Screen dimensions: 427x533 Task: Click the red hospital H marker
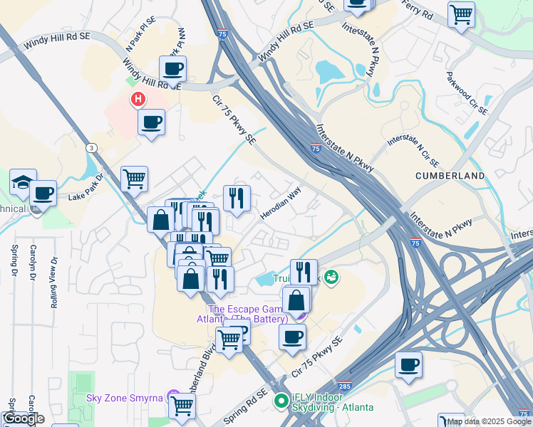pos(138,100)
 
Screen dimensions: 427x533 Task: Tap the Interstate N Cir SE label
pos(412,141)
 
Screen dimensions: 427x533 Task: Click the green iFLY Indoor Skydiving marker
pos(281,401)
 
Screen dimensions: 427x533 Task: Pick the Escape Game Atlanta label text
pos(254,314)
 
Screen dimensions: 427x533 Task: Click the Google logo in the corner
pos(24,418)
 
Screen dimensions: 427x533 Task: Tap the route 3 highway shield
pos(90,147)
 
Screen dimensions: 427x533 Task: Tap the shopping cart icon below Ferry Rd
pos(461,14)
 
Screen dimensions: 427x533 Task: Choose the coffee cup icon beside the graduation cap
pos(43,193)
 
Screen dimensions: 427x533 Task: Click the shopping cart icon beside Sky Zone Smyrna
pos(182,406)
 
